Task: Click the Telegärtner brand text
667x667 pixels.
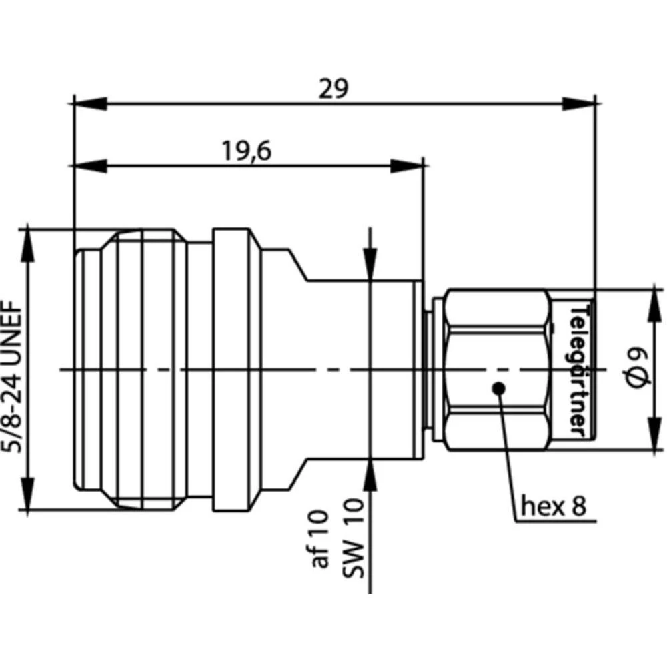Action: [x=578, y=371]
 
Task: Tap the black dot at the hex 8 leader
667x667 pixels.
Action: [x=497, y=388]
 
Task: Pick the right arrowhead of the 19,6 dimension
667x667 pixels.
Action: [x=407, y=165]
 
